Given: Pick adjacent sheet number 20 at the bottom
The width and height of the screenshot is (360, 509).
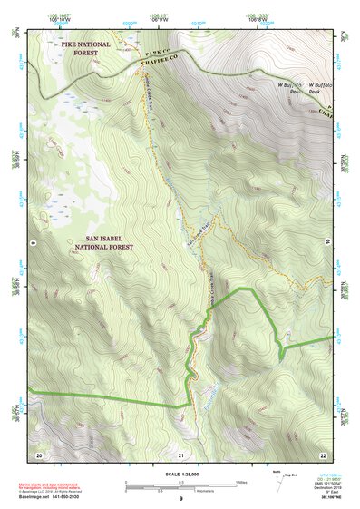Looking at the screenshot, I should point(39,455).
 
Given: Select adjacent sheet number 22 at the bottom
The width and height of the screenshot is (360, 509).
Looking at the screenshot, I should point(322,455).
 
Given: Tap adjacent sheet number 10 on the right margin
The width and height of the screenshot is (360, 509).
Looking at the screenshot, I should point(328,242).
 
